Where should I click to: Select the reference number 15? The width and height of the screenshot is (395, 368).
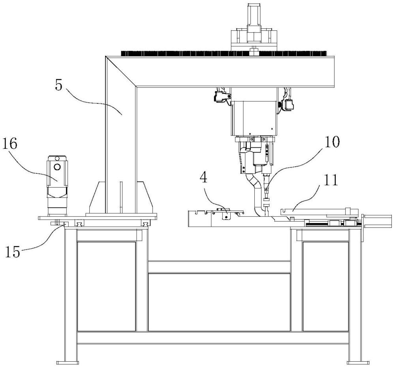coord(13,251)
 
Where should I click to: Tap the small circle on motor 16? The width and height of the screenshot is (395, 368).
coord(58,167)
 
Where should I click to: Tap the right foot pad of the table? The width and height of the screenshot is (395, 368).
coord(354,362)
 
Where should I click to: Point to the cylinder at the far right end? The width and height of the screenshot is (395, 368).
coord(378,221)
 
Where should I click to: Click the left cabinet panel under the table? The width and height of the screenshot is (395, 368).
coord(106,286)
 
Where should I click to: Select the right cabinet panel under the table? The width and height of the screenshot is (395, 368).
coord(325,286)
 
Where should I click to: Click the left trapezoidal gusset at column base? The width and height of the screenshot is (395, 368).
coord(96,197)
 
